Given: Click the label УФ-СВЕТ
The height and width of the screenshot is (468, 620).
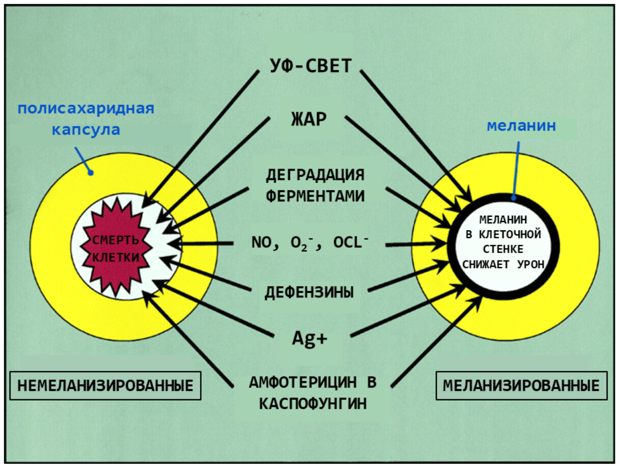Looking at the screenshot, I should pyautogui.click(x=310, y=66).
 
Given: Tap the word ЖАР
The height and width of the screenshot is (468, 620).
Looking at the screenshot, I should pyautogui.click(x=309, y=119).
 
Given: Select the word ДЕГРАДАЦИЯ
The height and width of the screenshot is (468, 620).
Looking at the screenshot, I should pyautogui.click(x=315, y=175).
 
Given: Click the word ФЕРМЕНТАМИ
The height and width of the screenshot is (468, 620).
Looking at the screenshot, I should pyautogui.click(x=315, y=196).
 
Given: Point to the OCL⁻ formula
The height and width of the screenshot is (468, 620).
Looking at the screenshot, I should pyautogui.click(x=350, y=242).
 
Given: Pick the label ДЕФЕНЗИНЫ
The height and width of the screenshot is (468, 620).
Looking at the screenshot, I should pyautogui.click(x=309, y=292).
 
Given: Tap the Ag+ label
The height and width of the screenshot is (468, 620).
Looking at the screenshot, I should pyautogui.click(x=310, y=339).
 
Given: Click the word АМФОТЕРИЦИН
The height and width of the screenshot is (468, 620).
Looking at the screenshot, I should pyautogui.click(x=302, y=382).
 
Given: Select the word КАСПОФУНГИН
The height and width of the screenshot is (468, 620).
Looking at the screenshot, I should pyautogui.click(x=313, y=403).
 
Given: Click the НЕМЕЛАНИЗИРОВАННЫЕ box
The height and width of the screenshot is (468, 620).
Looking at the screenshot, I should pyautogui.click(x=105, y=386).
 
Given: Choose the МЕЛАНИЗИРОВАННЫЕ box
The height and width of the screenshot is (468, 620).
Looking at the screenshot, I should pyautogui.click(x=521, y=386).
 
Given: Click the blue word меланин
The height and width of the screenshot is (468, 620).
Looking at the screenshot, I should pyautogui.click(x=521, y=126).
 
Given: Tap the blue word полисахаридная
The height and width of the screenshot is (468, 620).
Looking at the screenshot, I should pyautogui.click(x=86, y=109).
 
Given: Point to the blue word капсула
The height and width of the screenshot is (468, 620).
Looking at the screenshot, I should pyautogui.click(x=86, y=130).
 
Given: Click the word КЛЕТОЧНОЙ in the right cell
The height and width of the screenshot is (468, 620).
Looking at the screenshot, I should pyautogui.click(x=510, y=234).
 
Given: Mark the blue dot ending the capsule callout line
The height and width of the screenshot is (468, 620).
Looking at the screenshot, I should pyautogui.click(x=91, y=173).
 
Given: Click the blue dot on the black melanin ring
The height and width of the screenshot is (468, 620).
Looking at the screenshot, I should pyautogui.click(x=513, y=198).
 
